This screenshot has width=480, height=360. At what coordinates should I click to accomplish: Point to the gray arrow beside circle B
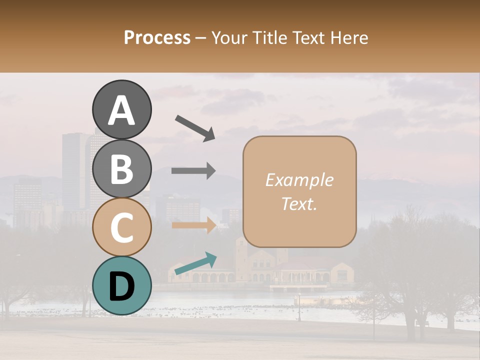coord(193,171)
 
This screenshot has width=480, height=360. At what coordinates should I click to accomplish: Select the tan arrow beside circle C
coord(194,225)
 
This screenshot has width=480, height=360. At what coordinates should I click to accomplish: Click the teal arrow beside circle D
coord(195,263)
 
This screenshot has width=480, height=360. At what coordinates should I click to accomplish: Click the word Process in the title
coord(157,37)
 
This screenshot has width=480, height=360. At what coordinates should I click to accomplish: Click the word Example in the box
coord(299,180)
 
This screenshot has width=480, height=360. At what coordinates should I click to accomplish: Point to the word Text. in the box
coord(299,203)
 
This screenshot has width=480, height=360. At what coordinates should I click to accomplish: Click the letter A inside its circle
coord(121,110)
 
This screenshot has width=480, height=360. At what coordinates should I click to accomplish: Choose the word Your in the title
coord(229,37)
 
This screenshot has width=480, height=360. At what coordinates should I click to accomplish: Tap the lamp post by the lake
coord(299,307)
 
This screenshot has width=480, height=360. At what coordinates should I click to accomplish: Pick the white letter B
coord(121,169)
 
